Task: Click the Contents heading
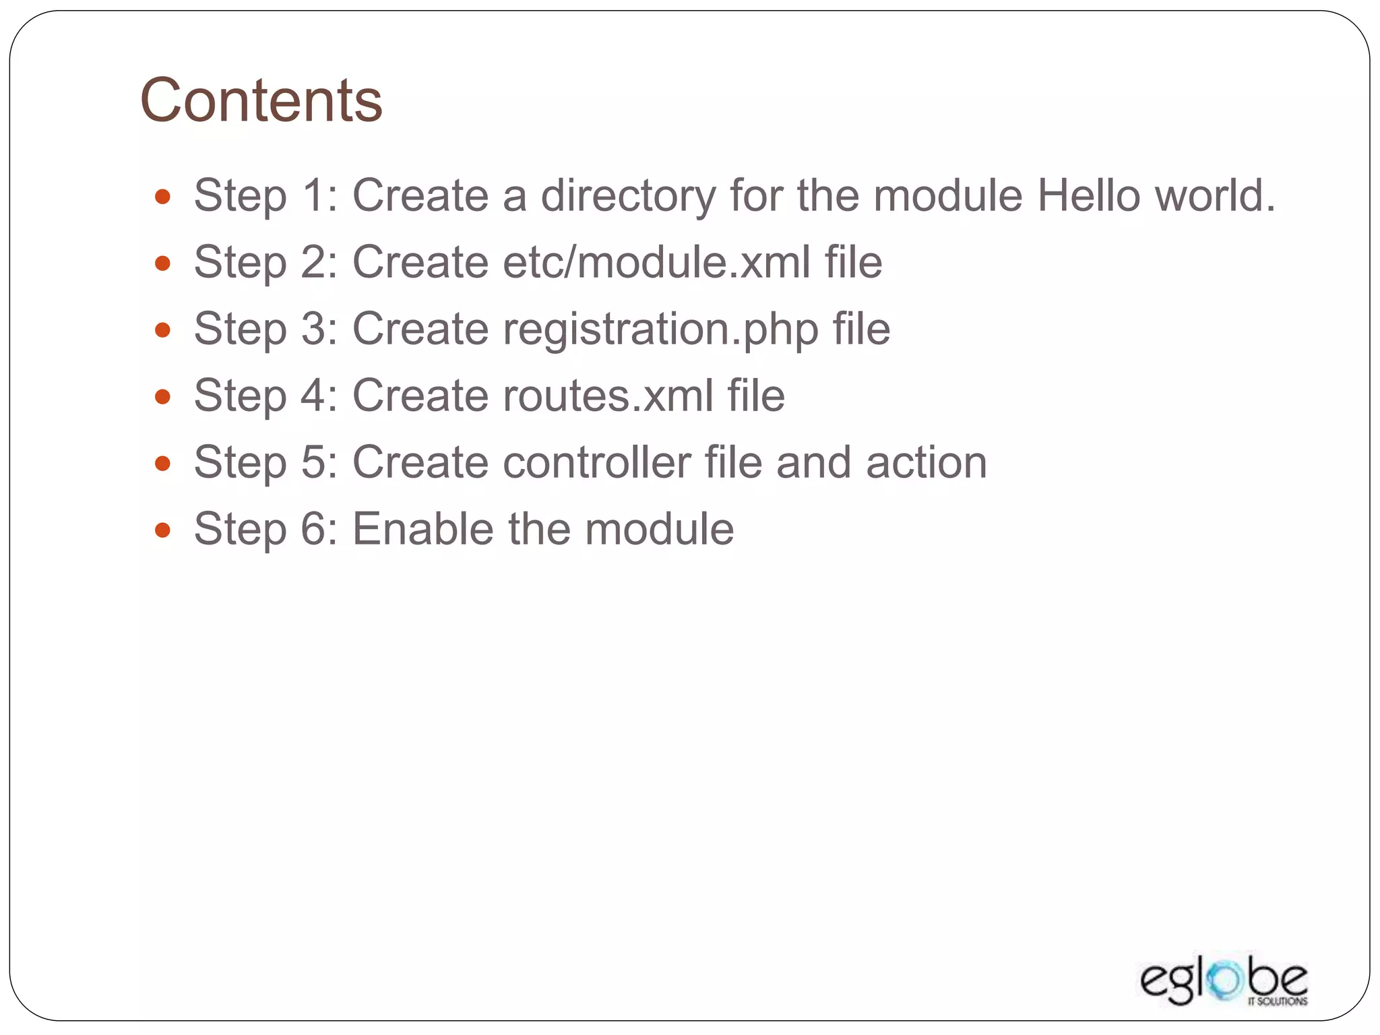pyautogui.click(x=261, y=100)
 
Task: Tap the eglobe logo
pyautogui.click(x=1223, y=981)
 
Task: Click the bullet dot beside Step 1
pyautogui.click(x=162, y=197)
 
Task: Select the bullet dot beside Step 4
pyautogui.click(x=162, y=396)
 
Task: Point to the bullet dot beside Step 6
pyautogui.click(x=162, y=530)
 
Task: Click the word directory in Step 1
pyautogui.click(x=628, y=197)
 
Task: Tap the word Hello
pyautogui.click(x=1088, y=195)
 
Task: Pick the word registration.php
pyautogui.click(x=660, y=330)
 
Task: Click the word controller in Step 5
pyautogui.click(x=597, y=462)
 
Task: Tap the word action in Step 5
pyautogui.click(x=927, y=462)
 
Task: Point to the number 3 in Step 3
pyautogui.click(x=313, y=329)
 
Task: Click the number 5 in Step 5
pyautogui.click(x=313, y=462)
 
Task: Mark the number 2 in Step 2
pyautogui.click(x=313, y=262)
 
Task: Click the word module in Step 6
pyautogui.click(x=659, y=529)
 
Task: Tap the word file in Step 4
pyautogui.click(x=756, y=396)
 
